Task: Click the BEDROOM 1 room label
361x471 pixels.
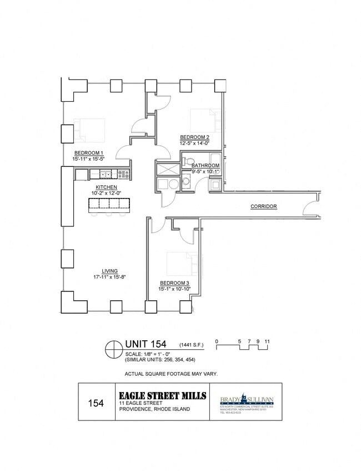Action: pos(89,153)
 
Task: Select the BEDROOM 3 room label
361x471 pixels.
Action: pos(174,282)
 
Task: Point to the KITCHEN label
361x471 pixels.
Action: pos(106,187)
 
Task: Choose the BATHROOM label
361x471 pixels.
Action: pos(205,166)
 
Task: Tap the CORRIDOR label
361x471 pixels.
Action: pos(263,206)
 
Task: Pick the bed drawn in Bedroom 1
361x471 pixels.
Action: pos(89,129)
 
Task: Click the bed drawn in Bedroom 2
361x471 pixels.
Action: pos(205,119)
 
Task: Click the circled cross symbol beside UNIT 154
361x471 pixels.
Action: pos(114,349)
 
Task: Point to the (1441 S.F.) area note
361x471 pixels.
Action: pos(191,345)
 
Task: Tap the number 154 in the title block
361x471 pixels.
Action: pos(96,403)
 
